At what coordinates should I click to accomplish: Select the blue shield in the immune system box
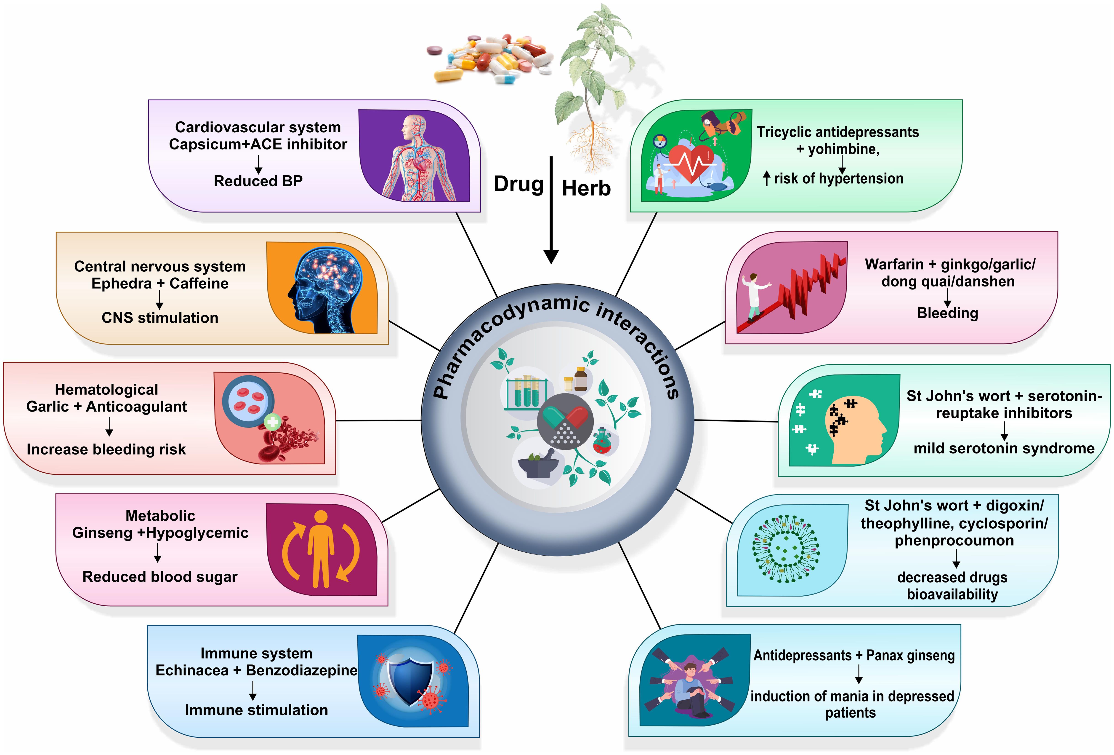(x=410, y=680)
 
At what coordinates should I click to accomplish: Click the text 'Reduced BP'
(x=258, y=181)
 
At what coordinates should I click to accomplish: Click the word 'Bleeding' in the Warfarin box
(x=947, y=313)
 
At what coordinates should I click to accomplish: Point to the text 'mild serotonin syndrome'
(x=1004, y=448)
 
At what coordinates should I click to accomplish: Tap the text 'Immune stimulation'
(x=256, y=710)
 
